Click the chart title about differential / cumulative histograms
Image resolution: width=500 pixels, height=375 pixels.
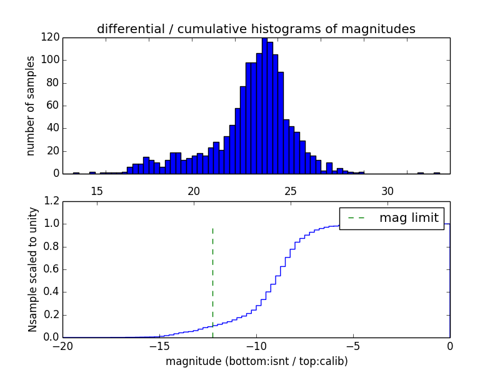coord(256,29)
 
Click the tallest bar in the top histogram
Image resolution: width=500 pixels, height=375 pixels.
coord(264,106)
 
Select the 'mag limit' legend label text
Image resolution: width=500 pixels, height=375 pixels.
coord(409,218)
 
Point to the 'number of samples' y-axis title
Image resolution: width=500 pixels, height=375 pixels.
coord(31,105)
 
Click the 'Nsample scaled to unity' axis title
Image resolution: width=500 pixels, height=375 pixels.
coord(32,269)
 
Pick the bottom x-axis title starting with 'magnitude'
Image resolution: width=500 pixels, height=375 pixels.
coord(256,361)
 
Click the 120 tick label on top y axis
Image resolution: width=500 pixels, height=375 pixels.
coord(51,37)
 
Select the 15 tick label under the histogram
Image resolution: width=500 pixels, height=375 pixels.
coord(97,191)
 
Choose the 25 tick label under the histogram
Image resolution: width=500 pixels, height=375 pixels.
coord(291,191)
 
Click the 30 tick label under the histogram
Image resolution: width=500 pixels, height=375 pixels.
coord(387,191)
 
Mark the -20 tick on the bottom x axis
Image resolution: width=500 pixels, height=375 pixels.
coord(62,346)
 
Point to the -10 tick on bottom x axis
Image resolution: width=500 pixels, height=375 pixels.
coord(256,346)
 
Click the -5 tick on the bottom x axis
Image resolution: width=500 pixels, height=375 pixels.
coord(352,346)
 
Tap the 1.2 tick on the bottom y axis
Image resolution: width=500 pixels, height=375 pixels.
coord(52,201)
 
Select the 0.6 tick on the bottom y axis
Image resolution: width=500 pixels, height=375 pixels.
coord(52,269)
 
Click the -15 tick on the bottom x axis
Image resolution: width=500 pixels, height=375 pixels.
coord(159,346)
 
